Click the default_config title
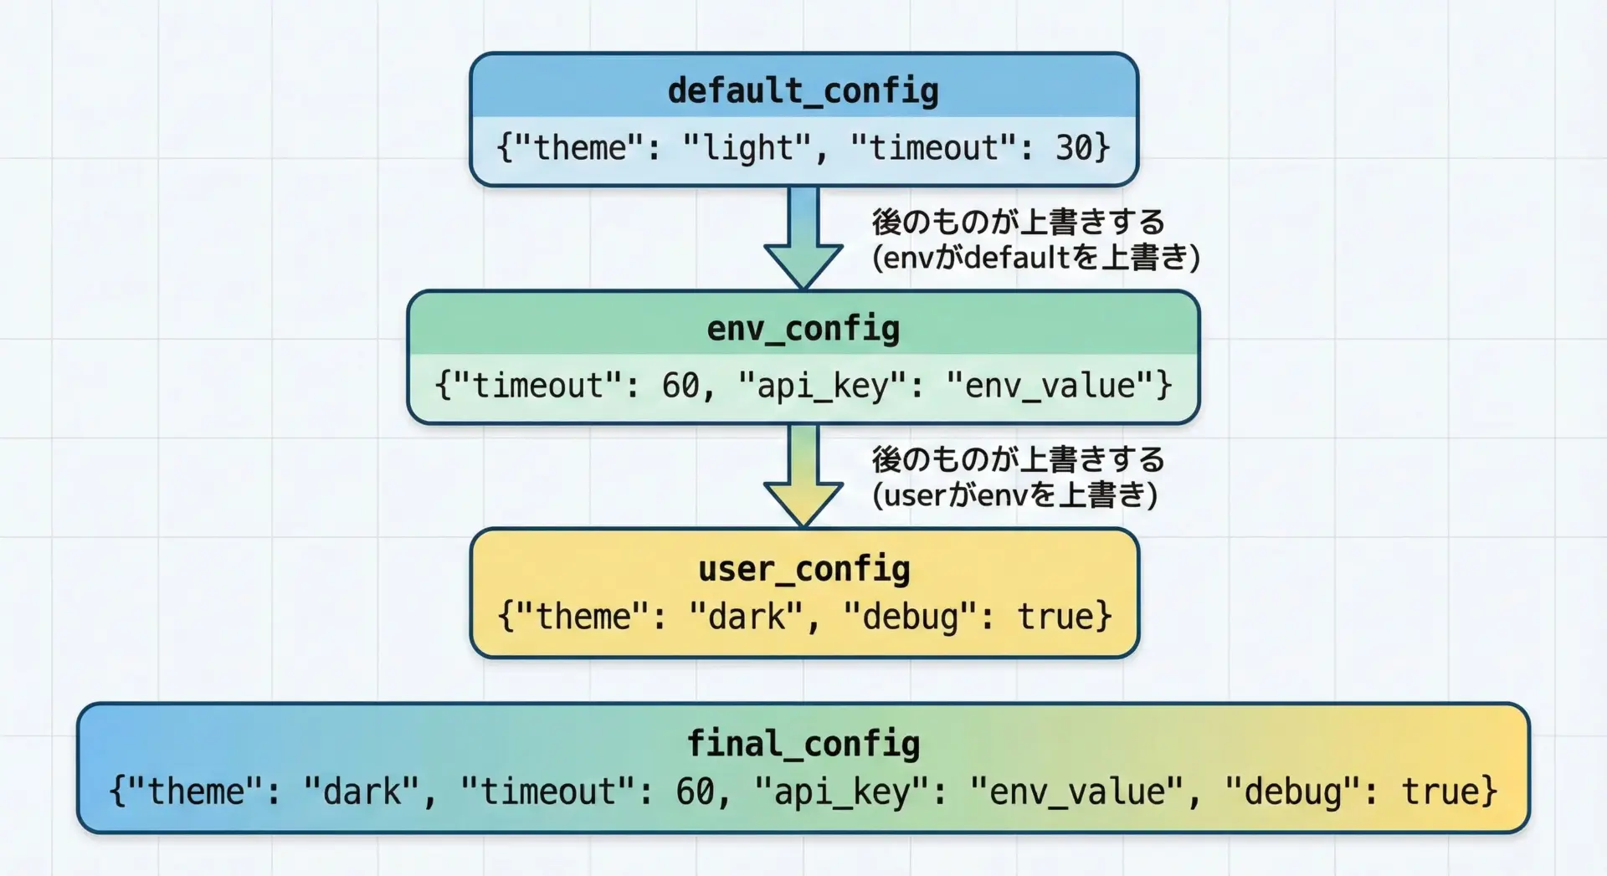(803, 90)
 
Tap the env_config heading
(803, 328)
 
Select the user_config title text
(803, 569)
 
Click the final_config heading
(803, 743)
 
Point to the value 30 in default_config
(1073, 148)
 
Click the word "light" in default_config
(747, 148)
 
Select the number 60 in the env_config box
(680, 386)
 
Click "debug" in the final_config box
(1292, 791)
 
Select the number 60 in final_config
(695, 791)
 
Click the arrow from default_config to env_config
(803, 238)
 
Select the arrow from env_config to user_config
(803, 475)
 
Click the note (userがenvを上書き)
(1014, 495)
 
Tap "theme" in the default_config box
(579, 148)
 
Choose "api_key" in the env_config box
(823, 386)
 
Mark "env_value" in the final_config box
(1076, 791)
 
